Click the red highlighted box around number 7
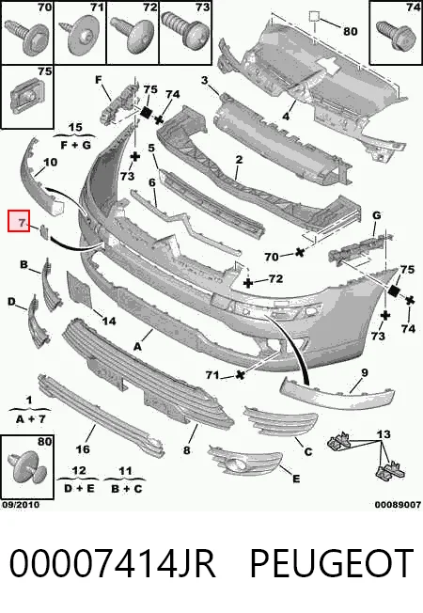click(x=19, y=221)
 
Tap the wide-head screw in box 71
click(x=80, y=36)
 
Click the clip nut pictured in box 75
click(x=26, y=95)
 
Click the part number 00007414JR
click(x=112, y=563)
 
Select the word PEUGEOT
click(x=331, y=563)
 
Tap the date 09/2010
click(x=21, y=504)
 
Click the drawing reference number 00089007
click(x=398, y=505)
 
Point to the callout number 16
click(x=83, y=449)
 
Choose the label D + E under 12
click(x=79, y=488)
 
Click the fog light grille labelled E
click(x=245, y=463)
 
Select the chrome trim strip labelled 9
click(x=337, y=392)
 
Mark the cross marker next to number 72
click(x=248, y=282)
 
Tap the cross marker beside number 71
click(x=240, y=374)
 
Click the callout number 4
click(x=286, y=116)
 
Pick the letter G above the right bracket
click(x=377, y=215)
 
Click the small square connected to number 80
click(x=315, y=16)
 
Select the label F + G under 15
click(x=75, y=146)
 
